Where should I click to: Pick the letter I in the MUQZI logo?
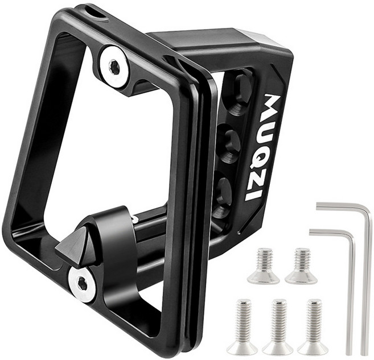254,196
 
